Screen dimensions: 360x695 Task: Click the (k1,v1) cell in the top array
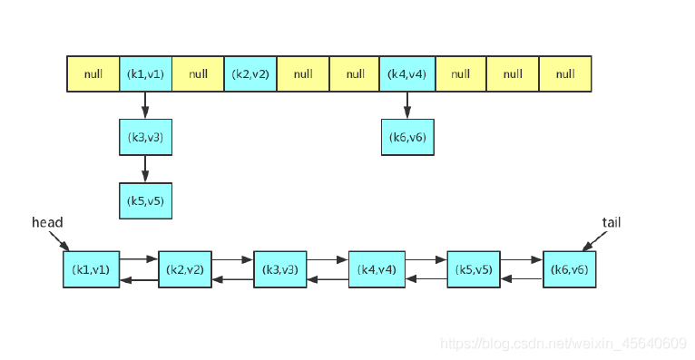145,74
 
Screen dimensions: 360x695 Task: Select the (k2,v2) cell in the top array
250,74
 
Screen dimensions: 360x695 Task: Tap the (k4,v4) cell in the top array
407,74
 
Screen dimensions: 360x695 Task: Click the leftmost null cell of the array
93,74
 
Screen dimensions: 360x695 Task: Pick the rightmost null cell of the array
565,74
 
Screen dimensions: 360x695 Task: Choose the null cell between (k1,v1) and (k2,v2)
198,74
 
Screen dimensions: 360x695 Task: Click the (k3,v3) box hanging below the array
145,137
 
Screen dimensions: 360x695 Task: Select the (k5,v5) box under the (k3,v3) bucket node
145,200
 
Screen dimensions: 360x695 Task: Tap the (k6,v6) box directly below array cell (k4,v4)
407,137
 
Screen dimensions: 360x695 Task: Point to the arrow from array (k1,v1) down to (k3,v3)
145,105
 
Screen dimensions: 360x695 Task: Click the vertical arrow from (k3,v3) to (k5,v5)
145,169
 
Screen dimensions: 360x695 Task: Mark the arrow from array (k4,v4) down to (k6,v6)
407,105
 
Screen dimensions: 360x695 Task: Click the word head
47,222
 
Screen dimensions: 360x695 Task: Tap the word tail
612,222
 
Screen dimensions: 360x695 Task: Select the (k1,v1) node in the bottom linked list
91,269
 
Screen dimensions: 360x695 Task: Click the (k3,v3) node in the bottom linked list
280,269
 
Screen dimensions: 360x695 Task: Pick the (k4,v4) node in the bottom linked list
376,269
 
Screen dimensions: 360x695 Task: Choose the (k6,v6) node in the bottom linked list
570,269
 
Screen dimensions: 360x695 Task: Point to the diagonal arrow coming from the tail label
594,240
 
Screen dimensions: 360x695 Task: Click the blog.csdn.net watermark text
563,343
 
